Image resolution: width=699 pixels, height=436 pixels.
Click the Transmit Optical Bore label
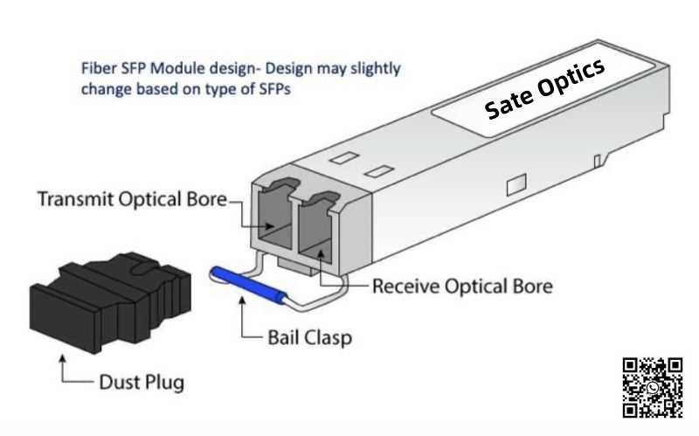[132, 200]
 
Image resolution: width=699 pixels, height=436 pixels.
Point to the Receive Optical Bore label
[462, 287]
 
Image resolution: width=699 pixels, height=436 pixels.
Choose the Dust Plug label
[139, 382]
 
